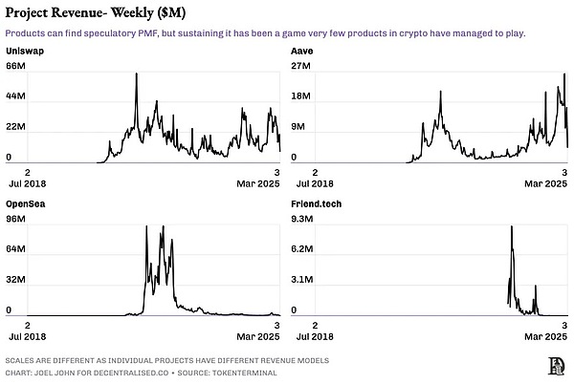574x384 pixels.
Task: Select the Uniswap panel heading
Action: (x=25, y=49)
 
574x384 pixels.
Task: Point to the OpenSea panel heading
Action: (x=27, y=204)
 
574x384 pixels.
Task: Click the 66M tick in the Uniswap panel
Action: (x=15, y=65)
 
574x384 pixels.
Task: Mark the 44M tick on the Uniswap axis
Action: (x=15, y=96)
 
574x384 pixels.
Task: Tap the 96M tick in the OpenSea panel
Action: (x=15, y=220)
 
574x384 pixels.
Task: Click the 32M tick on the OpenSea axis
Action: (x=15, y=281)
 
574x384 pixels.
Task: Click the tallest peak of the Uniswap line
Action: (x=136, y=75)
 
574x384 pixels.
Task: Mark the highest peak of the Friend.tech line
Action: (x=512, y=227)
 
